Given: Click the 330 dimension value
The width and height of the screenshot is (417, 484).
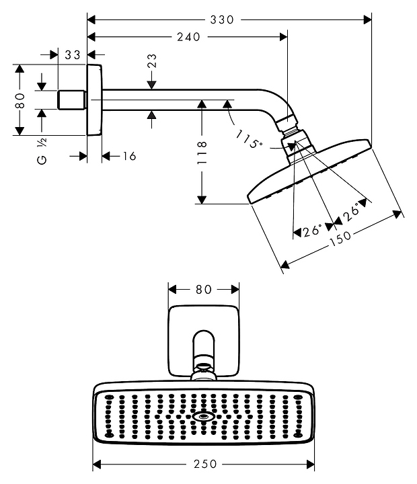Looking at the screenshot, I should (x=221, y=20).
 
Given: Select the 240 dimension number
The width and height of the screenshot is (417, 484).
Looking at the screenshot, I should (x=189, y=38).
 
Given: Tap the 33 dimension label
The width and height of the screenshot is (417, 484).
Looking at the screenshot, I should (x=73, y=54).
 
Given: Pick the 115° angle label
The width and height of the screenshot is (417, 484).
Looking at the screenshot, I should (x=250, y=140).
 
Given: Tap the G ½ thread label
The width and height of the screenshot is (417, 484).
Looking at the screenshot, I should (x=41, y=152).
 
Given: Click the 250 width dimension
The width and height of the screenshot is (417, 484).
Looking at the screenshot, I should (x=203, y=464).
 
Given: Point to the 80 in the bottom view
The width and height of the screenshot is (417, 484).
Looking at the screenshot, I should (x=203, y=290).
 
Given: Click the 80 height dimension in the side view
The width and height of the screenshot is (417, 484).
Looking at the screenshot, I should (x=20, y=100).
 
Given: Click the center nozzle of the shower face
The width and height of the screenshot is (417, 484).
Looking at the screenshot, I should (x=203, y=417).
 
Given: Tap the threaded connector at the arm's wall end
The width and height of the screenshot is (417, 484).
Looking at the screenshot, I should (x=72, y=100).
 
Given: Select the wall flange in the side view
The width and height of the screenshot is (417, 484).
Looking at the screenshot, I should (x=95, y=100).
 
